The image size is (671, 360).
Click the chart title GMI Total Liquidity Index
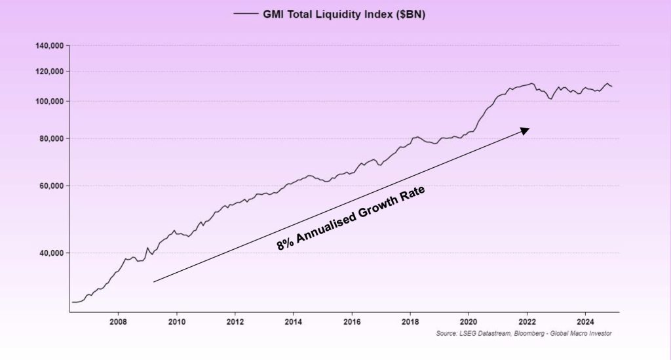[x=344, y=14]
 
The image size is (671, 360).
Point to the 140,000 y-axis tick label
[x=48, y=46]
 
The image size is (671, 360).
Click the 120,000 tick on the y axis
[x=48, y=71]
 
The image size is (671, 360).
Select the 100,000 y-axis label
[x=48, y=101]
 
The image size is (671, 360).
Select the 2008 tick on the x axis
[x=118, y=322]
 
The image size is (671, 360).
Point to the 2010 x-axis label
[x=177, y=322]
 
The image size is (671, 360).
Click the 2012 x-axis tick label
[x=235, y=322]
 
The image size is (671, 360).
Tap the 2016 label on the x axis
[x=352, y=322]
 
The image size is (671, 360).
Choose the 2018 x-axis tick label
[x=410, y=322]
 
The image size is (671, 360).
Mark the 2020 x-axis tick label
[x=469, y=322]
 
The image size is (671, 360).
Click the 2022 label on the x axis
[x=527, y=322]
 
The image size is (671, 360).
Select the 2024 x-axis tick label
[x=585, y=322]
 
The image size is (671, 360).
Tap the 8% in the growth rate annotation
[x=285, y=243]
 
